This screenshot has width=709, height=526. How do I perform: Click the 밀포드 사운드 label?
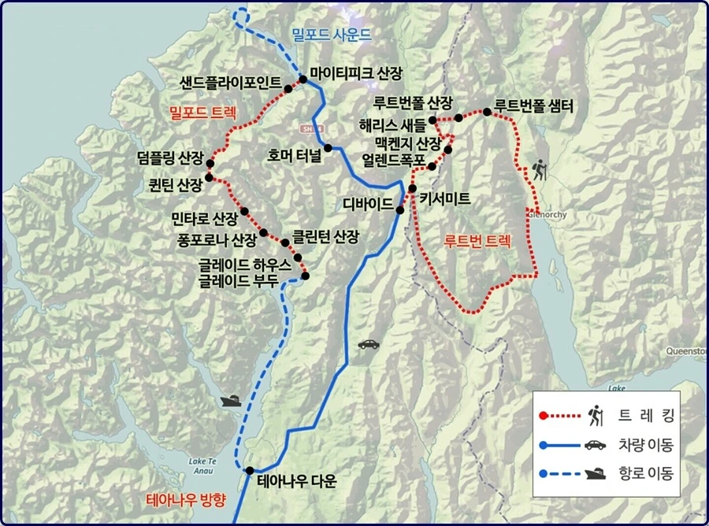pyautogui.click(x=330, y=35)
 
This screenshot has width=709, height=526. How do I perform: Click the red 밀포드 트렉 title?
pyautogui.click(x=204, y=113)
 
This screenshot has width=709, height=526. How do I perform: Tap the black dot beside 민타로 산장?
pyautogui.click(x=244, y=211)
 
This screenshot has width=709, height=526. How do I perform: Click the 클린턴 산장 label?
pyautogui.click(x=325, y=235)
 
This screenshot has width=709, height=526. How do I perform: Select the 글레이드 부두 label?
pyautogui.click(x=239, y=280)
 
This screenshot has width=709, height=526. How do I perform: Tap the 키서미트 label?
pyautogui.click(x=445, y=199)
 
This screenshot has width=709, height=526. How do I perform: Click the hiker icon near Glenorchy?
pyautogui.click(x=540, y=169)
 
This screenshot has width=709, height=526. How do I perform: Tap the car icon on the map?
pyautogui.click(x=368, y=344)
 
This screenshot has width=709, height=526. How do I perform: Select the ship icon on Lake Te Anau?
pyautogui.click(x=231, y=401)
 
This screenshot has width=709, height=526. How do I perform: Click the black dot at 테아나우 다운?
pyautogui.click(x=250, y=471)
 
